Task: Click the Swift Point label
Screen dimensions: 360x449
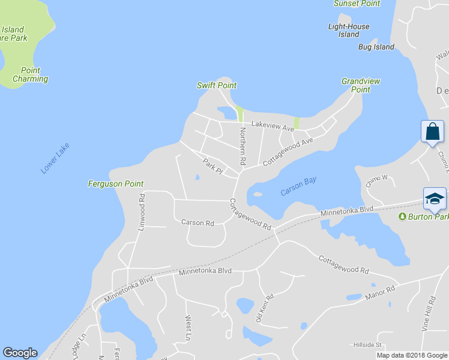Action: [217, 85]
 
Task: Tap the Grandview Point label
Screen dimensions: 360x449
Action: [360, 85]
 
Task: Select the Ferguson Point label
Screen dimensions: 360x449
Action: [115, 184]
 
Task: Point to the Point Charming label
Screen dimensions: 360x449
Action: [30, 74]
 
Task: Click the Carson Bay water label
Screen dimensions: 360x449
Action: [298, 186]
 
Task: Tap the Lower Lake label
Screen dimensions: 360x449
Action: [55, 158]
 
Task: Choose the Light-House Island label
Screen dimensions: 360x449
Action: [349, 31]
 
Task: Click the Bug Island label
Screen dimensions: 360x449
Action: [376, 47]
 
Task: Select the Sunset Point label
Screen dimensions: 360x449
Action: [357, 4]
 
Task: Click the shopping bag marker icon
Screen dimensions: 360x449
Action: [432, 131]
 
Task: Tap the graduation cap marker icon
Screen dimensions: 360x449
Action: [435, 198]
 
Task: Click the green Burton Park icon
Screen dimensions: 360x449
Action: [403, 216]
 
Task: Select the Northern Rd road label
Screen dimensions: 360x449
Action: [243, 146]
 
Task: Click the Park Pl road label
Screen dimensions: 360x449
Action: [212, 166]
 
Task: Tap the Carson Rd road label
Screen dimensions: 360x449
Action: [197, 223]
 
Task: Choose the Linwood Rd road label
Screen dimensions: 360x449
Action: [142, 212]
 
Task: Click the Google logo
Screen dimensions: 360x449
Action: [20, 353]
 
